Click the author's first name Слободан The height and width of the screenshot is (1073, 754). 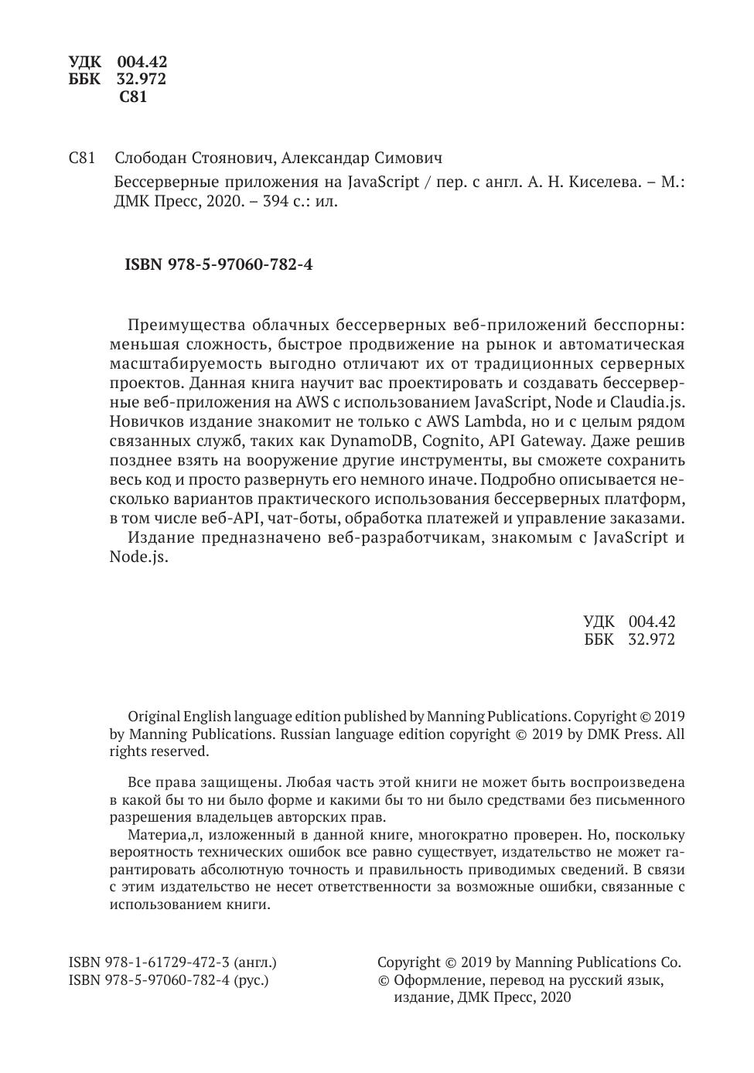150,158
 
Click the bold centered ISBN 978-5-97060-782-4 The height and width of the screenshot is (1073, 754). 218,264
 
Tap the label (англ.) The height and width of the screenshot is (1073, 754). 255,962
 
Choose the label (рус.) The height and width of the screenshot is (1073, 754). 252,980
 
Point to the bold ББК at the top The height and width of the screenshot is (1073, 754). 84,79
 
